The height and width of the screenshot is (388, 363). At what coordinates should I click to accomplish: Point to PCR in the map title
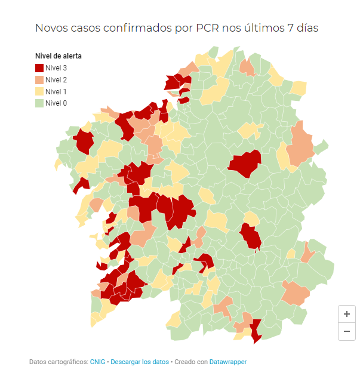(x=207, y=28)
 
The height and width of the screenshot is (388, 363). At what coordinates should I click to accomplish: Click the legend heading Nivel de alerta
(x=59, y=56)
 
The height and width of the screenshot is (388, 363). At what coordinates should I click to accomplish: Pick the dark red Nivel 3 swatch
(x=39, y=68)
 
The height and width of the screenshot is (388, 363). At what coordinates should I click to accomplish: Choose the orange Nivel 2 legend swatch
(x=39, y=80)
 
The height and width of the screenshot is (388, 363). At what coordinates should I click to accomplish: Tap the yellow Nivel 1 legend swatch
(x=39, y=91)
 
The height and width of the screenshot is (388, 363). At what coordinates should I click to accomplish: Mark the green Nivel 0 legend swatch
(x=39, y=103)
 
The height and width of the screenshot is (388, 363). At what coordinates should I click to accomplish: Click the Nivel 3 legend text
(x=56, y=68)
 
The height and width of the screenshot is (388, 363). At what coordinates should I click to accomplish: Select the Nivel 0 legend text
(x=56, y=103)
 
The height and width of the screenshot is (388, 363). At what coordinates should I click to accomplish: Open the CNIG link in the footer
(x=97, y=362)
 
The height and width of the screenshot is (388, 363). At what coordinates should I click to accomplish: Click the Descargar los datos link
(x=140, y=362)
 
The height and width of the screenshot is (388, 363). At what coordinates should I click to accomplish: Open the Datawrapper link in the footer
(x=227, y=362)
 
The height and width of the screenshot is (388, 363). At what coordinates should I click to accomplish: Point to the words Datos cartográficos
(x=58, y=362)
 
